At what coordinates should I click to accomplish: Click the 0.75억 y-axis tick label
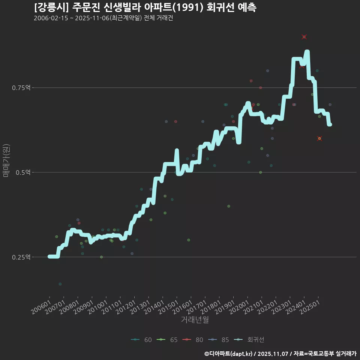tap(22, 88)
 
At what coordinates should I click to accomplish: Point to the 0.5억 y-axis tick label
tap(23, 172)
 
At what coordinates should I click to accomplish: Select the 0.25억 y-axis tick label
tap(22, 257)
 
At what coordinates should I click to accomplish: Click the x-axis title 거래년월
tap(195, 320)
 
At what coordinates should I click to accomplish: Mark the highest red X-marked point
tap(304, 37)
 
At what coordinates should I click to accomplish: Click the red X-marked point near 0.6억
tap(319, 138)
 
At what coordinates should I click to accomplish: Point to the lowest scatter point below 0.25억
tap(60, 284)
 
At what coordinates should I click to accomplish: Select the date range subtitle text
tap(103, 18)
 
